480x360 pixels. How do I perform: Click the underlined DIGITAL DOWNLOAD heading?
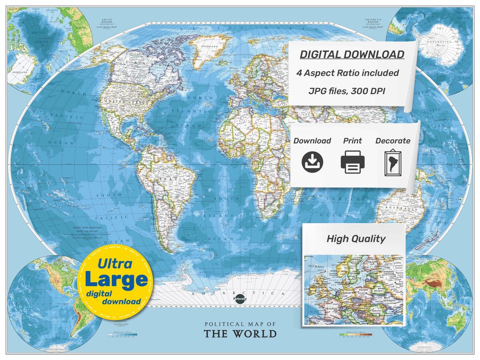tap(352, 55)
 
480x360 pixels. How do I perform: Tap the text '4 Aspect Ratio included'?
tap(348, 73)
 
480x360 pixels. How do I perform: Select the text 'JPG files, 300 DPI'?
tap(348, 91)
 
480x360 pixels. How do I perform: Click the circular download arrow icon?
tap(312, 162)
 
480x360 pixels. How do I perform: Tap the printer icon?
tap(352, 162)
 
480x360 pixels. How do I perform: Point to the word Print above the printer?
tap(352, 141)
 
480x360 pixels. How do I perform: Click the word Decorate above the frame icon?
tap(393, 141)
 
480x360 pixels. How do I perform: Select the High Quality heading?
tap(356, 239)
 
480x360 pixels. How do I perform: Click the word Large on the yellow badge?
tap(116, 280)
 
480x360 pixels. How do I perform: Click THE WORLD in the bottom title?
tap(240, 334)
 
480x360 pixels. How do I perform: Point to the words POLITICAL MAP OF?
tap(240, 324)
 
